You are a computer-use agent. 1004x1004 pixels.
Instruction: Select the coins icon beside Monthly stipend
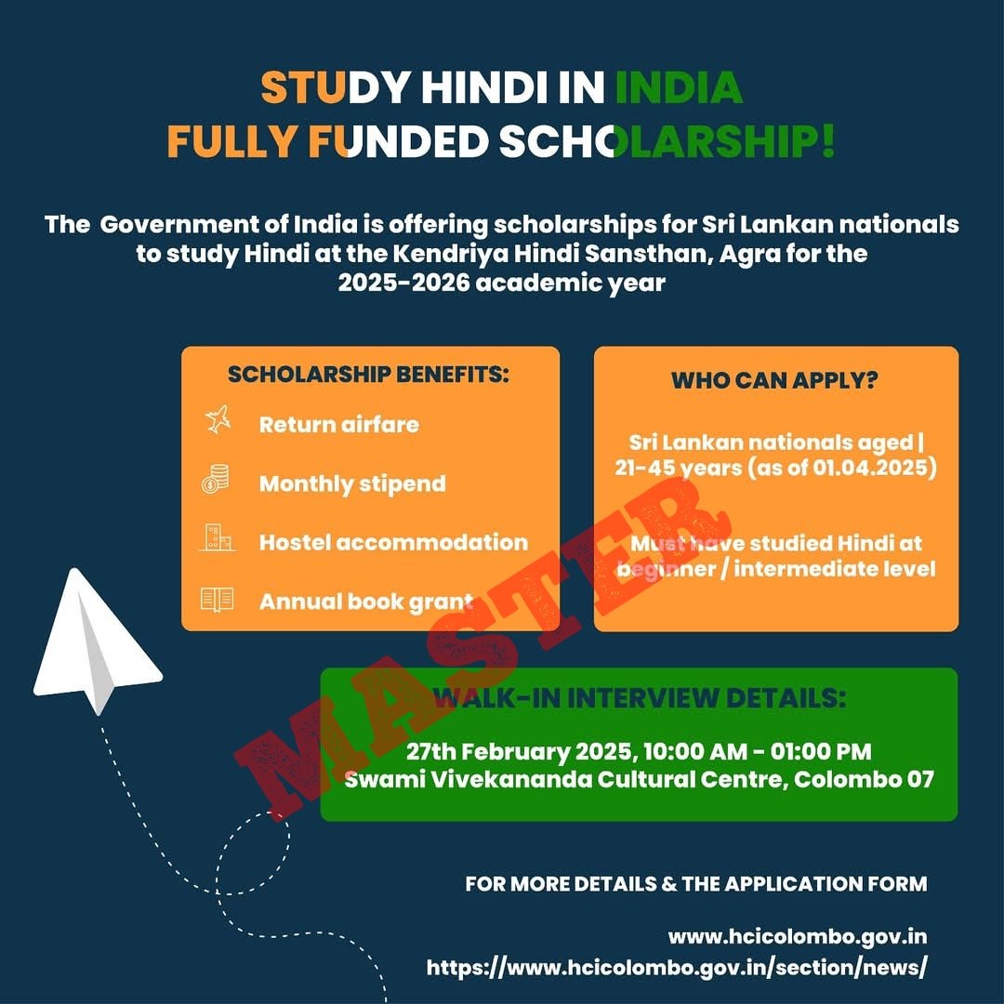(216, 482)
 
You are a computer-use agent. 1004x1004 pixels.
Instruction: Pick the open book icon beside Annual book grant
(217, 600)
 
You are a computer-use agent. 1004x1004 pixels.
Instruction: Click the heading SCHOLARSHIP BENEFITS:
(369, 375)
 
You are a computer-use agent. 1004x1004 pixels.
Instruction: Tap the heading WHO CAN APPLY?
(775, 380)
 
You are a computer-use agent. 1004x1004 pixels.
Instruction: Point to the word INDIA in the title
(679, 87)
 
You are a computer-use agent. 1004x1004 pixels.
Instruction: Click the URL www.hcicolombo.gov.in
(797, 936)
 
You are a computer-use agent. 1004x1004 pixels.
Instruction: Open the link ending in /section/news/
(677, 967)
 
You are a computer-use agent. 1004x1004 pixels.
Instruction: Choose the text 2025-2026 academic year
(502, 283)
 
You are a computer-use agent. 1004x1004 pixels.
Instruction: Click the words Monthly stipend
(352, 483)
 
